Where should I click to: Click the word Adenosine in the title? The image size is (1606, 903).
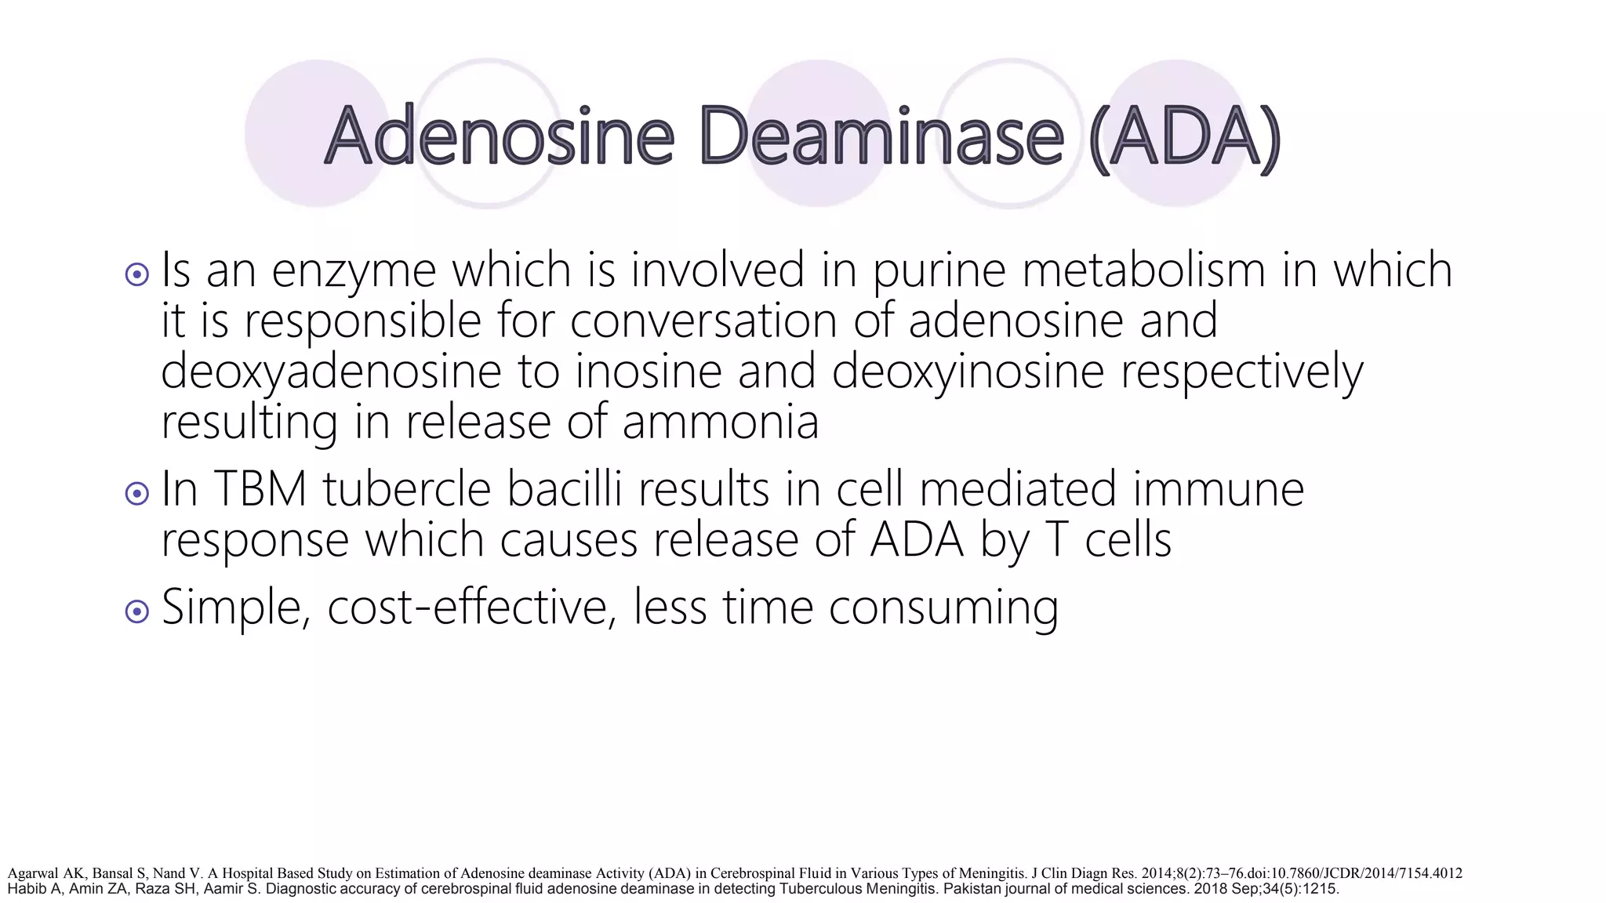click(x=499, y=136)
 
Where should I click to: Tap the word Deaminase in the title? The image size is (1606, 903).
click(x=880, y=136)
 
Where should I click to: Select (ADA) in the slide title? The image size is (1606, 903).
click(x=1184, y=136)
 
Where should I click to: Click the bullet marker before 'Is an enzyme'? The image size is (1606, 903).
click(x=136, y=274)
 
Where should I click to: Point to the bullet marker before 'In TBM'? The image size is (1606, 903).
click(x=136, y=493)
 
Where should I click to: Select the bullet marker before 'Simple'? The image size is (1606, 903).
click(x=136, y=611)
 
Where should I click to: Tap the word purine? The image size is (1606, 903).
click(x=939, y=271)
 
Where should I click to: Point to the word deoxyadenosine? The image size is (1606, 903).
click(x=330, y=373)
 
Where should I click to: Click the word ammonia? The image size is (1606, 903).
click(x=721, y=423)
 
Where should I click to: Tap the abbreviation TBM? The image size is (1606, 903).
click(x=260, y=489)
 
